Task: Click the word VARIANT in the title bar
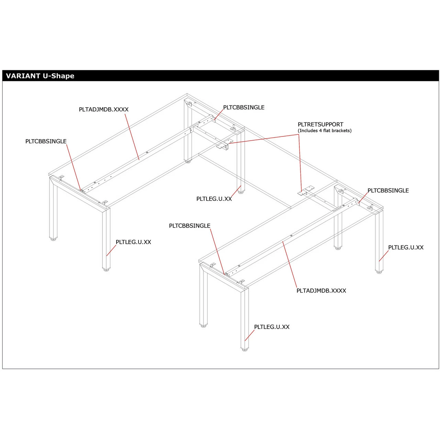23,76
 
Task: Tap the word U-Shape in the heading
58,76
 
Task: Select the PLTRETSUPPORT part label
320,124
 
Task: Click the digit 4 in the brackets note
320,131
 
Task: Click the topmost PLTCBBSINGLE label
244,107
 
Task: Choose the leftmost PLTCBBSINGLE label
46,141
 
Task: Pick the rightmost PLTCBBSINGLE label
388,190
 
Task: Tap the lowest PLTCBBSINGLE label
189,225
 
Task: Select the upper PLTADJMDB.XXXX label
104,109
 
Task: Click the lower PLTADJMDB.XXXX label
321,291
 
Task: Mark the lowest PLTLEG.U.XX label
272,327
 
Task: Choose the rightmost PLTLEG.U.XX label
406,247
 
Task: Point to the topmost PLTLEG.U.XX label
214,199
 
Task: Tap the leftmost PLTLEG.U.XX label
133,242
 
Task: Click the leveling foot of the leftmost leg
53,240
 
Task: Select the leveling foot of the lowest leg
244,349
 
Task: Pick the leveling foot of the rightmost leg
379,272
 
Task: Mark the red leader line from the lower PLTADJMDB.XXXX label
290,264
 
